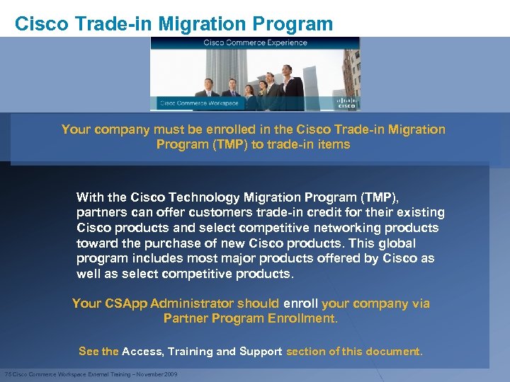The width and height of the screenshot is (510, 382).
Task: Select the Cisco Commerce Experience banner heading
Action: (255, 43)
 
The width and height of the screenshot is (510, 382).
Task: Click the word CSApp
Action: (129, 303)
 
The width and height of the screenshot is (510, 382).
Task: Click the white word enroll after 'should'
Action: (300, 303)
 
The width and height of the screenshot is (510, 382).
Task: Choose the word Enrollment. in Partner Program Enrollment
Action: (302, 318)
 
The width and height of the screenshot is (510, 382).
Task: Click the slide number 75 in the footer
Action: (8, 374)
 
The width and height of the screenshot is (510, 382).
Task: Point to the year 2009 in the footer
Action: (171, 374)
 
